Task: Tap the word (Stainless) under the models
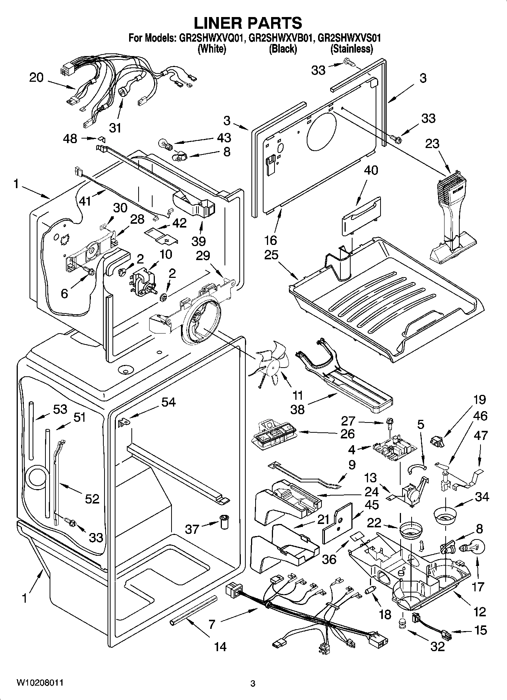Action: pos(351,49)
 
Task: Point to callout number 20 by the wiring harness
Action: pos(37,78)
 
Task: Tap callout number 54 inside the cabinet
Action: pos(168,402)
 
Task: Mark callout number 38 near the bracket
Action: pos(298,409)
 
